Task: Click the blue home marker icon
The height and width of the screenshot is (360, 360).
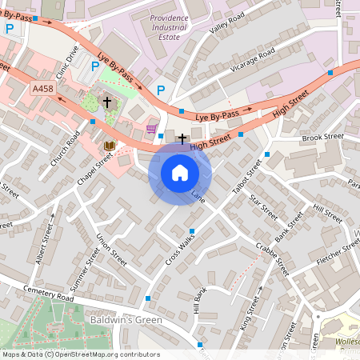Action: (180, 173)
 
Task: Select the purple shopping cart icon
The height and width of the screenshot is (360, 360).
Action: (151, 128)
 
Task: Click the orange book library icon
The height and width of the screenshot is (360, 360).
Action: (109, 146)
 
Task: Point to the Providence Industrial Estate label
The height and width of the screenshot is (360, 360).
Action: (177, 26)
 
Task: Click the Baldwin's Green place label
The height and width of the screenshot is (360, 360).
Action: (126, 320)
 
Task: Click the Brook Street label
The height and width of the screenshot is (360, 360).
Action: (322, 137)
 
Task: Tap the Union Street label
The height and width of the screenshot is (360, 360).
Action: (111, 250)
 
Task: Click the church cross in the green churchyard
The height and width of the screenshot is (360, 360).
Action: (106, 102)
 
